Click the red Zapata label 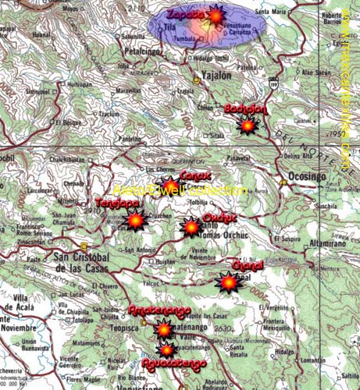point(184,15)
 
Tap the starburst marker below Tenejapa point(135,222)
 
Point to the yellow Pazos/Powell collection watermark point(180,190)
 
